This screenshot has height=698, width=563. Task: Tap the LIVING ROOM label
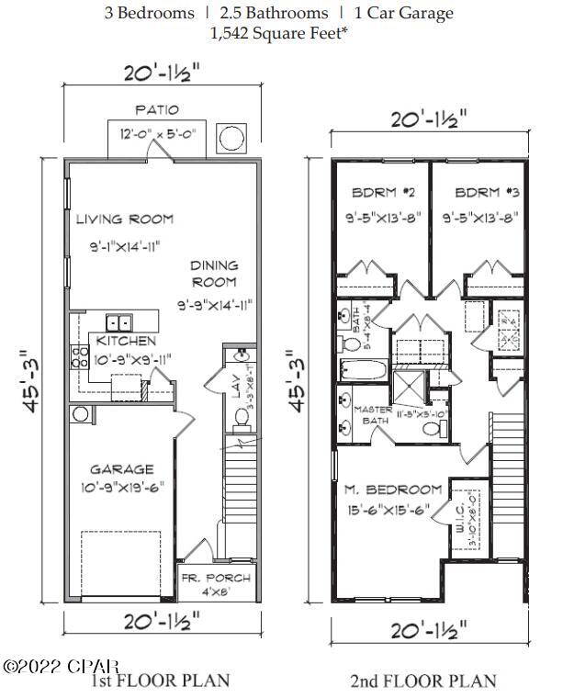[x=124, y=219]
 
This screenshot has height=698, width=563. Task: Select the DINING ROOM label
[x=213, y=274]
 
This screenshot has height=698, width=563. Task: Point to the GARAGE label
[x=122, y=469]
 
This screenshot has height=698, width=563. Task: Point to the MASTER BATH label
[x=373, y=415]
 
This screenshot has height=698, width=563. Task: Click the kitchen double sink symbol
[x=118, y=322]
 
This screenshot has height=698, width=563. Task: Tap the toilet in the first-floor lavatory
[x=243, y=417]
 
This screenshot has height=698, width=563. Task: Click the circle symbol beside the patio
[x=231, y=139]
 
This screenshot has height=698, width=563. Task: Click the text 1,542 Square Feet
[x=280, y=33]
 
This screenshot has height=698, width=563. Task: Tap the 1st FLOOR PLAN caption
[x=160, y=681]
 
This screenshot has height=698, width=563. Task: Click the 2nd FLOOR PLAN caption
[x=423, y=681]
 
